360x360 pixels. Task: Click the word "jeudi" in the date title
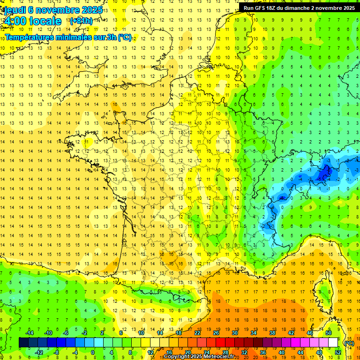pyautogui.click(x=14, y=10)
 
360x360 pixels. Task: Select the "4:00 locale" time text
pyautogui.click(x=32, y=21)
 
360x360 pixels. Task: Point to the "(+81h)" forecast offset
pyautogui.click(x=81, y=21)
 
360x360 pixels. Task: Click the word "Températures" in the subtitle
pyautogui.click(x=29, y=37)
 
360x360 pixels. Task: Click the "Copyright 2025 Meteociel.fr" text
pyautogui.click(x=199, y=357)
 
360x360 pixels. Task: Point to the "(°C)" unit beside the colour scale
pyautogui.click(x=349, y=343)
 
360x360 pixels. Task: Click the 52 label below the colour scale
pyautogui.click(x=337, y=352)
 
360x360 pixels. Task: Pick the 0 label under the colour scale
pyautogui.click(x=92, y=352)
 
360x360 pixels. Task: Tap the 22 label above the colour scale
pyautogui.click(x=197, y=332)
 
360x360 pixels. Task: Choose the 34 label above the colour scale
pyautogui.click(x=253, y=332)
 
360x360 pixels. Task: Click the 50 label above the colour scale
pyautogui.click(x=328, y=332)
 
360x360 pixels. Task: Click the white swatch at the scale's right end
pyautogui.click(x=333, y=343)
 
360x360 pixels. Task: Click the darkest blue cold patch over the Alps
pyautogui.click(x=322, y=174)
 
